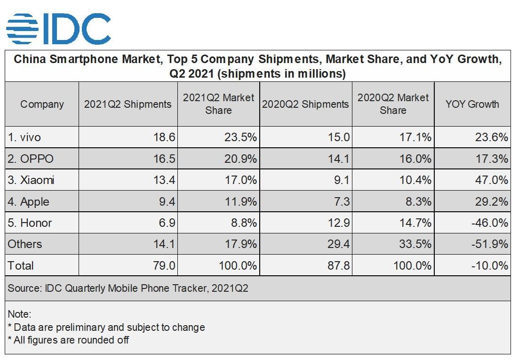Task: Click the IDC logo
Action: (58, 28)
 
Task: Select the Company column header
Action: (42, 104)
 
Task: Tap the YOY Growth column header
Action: (472, 104)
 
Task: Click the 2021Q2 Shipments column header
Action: (128, 104)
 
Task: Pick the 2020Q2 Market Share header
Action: (393, 104)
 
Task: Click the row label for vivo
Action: (24, 137)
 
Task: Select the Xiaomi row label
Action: (31, 180)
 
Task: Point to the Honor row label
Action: (30, 223)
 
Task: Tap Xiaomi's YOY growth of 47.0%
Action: (492, 180)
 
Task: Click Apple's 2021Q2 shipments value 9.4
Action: (167, 201)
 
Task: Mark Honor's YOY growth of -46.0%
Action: (489, 223)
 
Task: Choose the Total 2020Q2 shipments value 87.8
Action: (338, 265)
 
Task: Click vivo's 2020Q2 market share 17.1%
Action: (414, 137)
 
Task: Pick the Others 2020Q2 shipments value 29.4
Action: (338, 244)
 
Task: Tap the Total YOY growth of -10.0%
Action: (489, 265)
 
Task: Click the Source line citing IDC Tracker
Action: (128, 288)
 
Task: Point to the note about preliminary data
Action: (106, 327)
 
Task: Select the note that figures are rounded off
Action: (68, 340)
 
